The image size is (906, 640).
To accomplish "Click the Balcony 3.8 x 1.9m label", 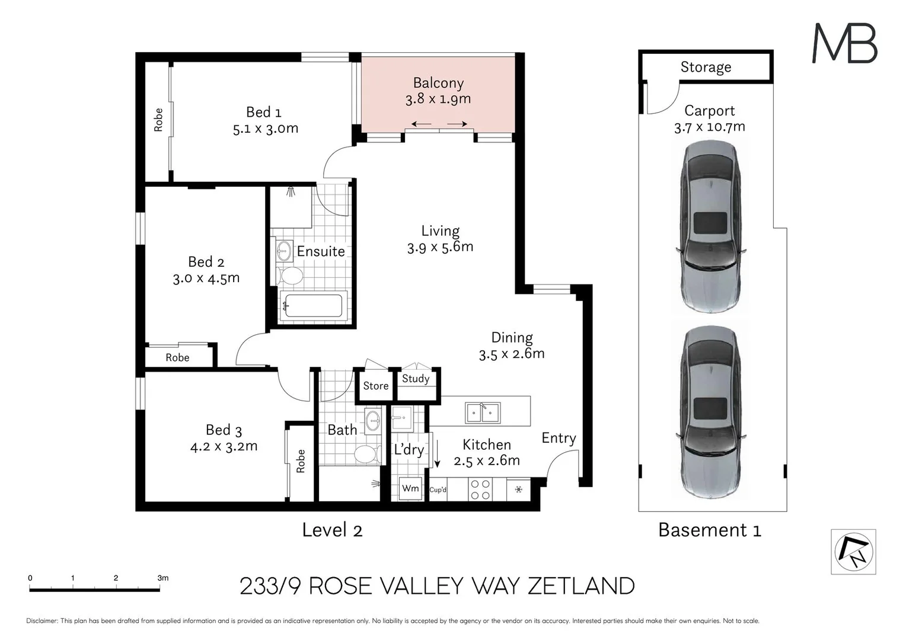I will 438,91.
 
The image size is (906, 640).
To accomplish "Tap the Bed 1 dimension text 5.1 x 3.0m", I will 265,129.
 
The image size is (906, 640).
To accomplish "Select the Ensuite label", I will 320,251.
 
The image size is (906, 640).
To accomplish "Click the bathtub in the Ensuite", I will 312,306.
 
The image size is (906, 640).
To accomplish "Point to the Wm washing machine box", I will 410,488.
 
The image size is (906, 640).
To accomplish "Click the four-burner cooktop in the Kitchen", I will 480,489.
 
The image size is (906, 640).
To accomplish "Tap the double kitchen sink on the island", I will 482,412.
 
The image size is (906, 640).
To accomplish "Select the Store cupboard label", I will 375,386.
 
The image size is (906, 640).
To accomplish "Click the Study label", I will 415,379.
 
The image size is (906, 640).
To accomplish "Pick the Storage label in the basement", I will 706,67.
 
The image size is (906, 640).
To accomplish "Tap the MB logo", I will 844,43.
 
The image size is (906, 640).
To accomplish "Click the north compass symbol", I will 853,551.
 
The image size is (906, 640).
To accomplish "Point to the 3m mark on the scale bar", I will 162,578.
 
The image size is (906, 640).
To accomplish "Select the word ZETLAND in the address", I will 580,586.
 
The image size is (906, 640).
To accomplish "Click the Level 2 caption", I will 332,530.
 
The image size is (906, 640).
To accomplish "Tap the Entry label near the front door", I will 559,438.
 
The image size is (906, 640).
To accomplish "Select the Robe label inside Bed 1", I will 158,120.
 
